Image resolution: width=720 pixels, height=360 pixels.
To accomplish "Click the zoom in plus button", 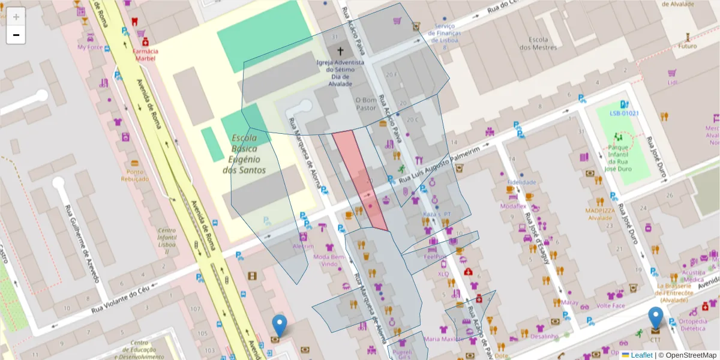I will (16, 17).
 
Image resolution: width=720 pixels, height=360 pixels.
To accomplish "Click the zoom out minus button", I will (16, 35).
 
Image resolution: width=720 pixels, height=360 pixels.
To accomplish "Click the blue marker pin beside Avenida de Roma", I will (279, 326).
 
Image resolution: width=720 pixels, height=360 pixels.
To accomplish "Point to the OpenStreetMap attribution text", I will (689, 355).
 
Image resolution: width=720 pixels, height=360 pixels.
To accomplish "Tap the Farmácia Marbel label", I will (145, 55).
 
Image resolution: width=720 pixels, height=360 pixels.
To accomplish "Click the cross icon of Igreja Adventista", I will (341, 52).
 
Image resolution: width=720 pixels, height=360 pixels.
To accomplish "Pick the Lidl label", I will (672, 82).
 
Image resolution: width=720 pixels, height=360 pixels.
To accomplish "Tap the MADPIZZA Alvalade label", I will (599, 214).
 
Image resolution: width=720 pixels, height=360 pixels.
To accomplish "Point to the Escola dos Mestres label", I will (538, 43).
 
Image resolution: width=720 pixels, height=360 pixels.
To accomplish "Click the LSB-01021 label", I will (624, 113).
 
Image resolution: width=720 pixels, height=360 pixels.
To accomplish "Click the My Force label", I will (90, 47).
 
